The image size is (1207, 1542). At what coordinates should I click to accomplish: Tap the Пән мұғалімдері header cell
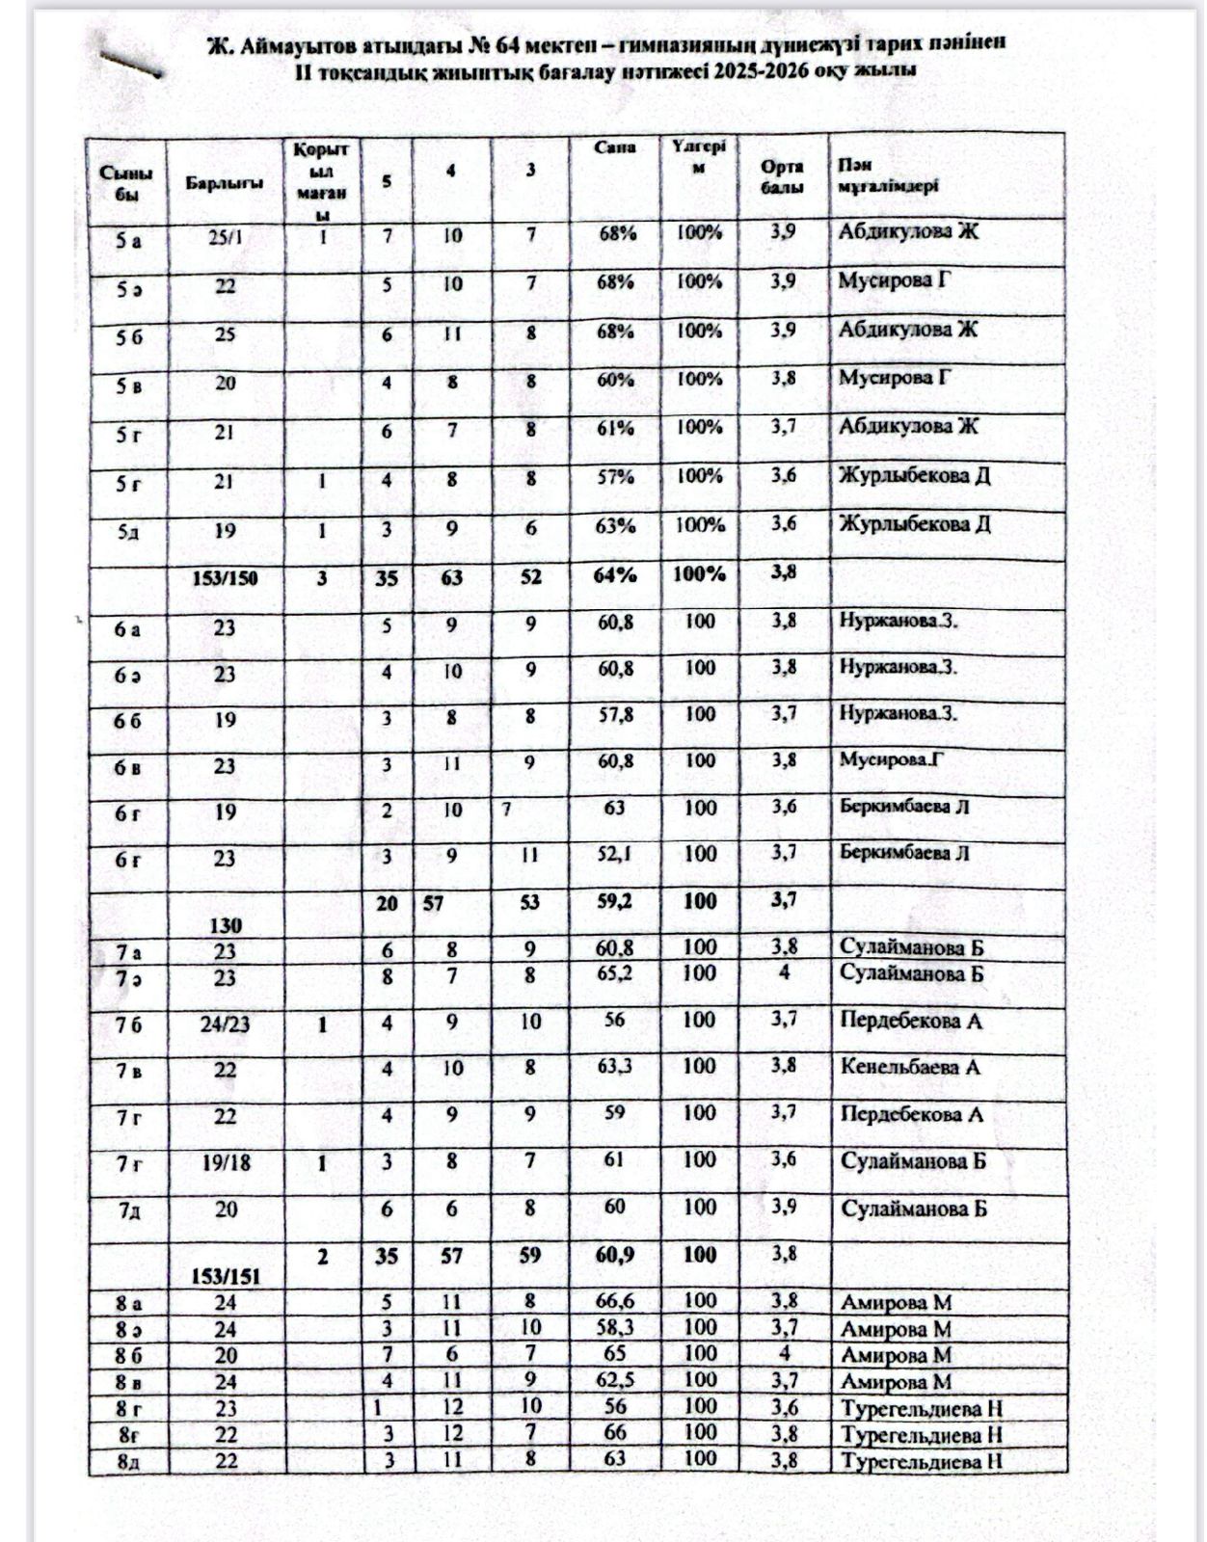(x=888, y=176)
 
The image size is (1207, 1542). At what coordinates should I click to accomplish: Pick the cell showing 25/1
(x=226, y=237)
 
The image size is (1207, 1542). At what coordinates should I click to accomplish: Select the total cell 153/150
(x=225, y=578)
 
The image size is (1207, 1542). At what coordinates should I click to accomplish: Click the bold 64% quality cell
(x=616, y=575)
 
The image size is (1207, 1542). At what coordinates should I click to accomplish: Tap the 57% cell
(x=615, y=477)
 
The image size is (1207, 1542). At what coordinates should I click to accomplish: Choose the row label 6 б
(x=127, y=720)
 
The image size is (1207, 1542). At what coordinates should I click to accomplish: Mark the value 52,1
(x=615, y=854)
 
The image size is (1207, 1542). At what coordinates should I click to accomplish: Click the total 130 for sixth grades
(x=225, y=925)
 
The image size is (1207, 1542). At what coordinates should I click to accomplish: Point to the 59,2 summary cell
(x=616, y=902)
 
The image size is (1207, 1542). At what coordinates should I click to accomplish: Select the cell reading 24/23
(x=226, y=1024)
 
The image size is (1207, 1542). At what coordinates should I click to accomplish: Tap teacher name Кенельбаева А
(x=910, y=1067)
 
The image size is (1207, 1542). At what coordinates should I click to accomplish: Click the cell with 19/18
(x=226, y=1163)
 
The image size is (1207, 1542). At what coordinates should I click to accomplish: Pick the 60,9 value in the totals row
(x=615, y=1255)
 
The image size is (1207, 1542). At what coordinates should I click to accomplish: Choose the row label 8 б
(x=128, y=1355)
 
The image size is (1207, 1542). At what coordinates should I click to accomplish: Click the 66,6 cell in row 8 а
(x=615, y=1302)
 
